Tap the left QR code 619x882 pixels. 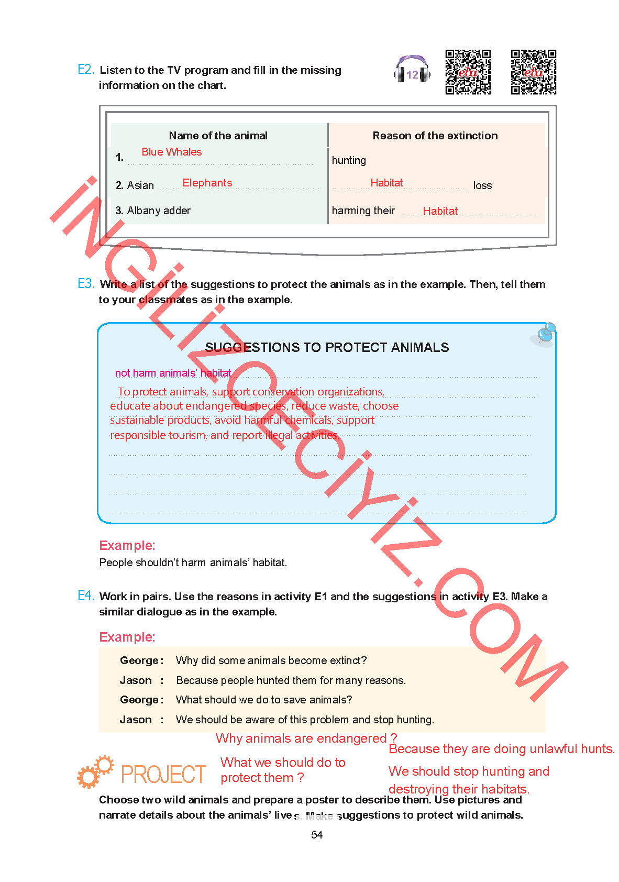(x=468, y=72)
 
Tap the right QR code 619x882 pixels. (x=533, y=72)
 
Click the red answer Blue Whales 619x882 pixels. (x=171, y=152)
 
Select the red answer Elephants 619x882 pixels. (x=207, y=183)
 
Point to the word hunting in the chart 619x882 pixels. (x=349, y=160)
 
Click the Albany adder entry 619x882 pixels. (x=158, y=211)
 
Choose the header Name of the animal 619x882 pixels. (x=218, y=136)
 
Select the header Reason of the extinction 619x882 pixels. (x=435, y=136)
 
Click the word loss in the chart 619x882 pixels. (x=482, y=185)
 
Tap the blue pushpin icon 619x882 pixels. (x=545, y=334)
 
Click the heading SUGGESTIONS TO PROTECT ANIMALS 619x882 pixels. (x=327, y=348)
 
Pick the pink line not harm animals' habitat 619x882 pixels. (x=173, y=373)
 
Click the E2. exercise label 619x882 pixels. (x=86, y=70)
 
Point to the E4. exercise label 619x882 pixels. (x=86, y=596)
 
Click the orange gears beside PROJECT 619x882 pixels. (x=95, y=772)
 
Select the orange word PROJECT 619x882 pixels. (x=163, y=775)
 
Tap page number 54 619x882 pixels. (x=317, y=835)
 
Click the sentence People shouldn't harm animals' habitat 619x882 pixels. (x=193, y=563)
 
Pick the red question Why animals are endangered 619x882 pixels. (x=306, y=738)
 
